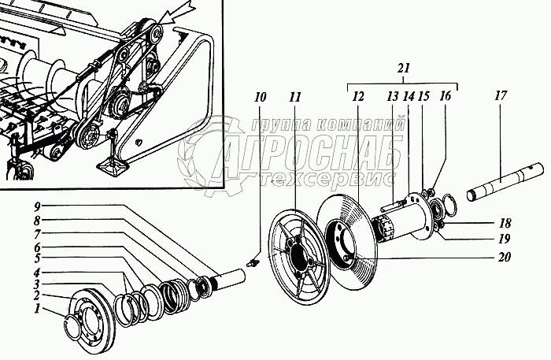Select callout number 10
click(x=261, y=98)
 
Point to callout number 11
click(x=294, y=98)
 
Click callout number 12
click(x=358, y=98)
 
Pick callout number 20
click(x=504, y=256)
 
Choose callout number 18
click(x=504, y=223)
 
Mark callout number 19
click(x=504, y=239)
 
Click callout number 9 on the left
click(x=36, y=206)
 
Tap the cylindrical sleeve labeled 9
click(x=232, y=279)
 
